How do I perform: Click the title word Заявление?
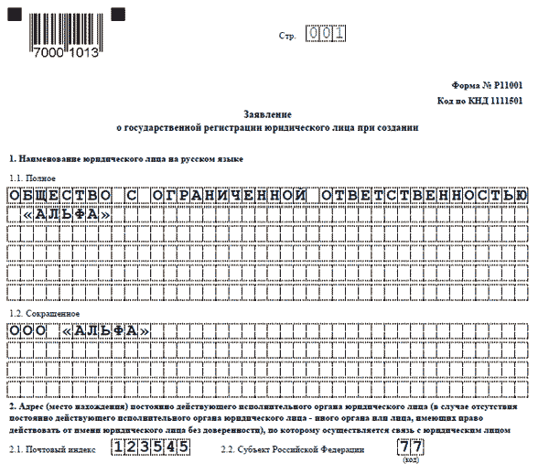click(268, 114)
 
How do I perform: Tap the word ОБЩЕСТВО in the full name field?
click(58, 196)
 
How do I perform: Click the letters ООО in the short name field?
click(27, 330)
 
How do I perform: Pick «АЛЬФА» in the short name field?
click(109, 330)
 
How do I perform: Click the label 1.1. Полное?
click(33, 178)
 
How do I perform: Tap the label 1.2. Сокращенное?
click(45, 312)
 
